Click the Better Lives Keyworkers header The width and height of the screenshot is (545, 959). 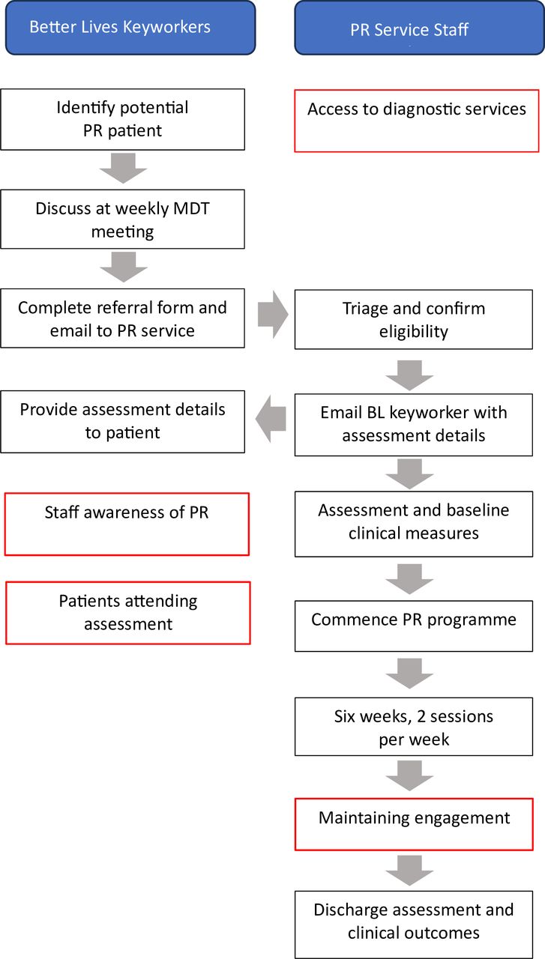(130, 28)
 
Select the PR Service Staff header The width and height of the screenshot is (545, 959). (419, 28)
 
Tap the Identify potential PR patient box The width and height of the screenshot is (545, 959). (122, 119)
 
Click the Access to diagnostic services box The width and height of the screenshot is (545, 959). (417, 120)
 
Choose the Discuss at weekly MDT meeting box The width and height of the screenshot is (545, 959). (122, 219)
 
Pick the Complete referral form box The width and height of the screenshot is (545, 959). (122, 318)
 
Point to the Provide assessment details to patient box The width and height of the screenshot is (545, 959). (122, 421)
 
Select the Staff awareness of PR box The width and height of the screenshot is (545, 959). (127, 524)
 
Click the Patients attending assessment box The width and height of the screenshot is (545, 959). (127, 612)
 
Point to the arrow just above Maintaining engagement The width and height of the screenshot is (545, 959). (409, 776)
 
